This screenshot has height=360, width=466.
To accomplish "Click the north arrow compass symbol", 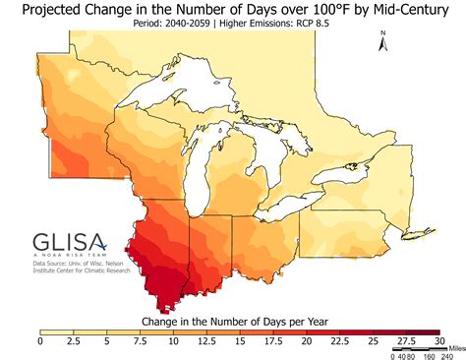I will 383,40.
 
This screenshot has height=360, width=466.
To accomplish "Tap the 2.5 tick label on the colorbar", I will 73,341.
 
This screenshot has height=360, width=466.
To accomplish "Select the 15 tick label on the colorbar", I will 240,341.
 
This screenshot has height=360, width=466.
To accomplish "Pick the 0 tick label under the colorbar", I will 40,341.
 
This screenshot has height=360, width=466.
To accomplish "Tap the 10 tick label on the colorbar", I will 173,341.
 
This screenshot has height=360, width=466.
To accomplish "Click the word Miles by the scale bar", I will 454,347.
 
